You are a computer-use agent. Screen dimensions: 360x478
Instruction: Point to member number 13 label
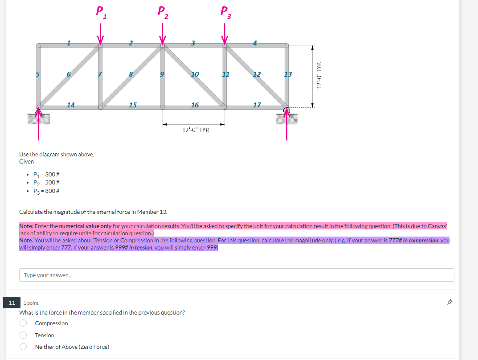pyautogui.click(x=288, y=74)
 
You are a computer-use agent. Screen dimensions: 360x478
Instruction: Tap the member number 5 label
pyautogui.click(x=38, y=74)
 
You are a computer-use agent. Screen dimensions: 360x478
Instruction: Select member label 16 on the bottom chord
pyautogui.click(x=195, y=105)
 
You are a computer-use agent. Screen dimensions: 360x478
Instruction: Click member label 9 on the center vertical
pyautogui.click(x=163, y=74)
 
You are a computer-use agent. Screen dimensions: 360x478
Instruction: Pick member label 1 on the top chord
pyautogui.click(x=69, y=43)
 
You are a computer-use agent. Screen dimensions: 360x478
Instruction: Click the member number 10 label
pyautogui.click(x=195, y=74)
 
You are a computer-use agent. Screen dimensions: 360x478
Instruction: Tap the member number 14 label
pyautogui.click(x=70, y=105)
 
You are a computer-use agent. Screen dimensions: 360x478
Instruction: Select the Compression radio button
pyautogui.click(x=23, y=323)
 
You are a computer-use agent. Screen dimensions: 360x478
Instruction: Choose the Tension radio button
pyautogui.click(x=23, y=335)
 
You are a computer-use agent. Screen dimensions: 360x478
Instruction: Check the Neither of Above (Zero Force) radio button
pyautogui.click(x=23, y=347)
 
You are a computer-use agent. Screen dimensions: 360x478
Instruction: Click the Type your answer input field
pyautogui.click(x=237, y=275)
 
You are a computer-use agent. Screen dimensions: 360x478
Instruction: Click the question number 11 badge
pyautogui.click(x=11, y=303)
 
